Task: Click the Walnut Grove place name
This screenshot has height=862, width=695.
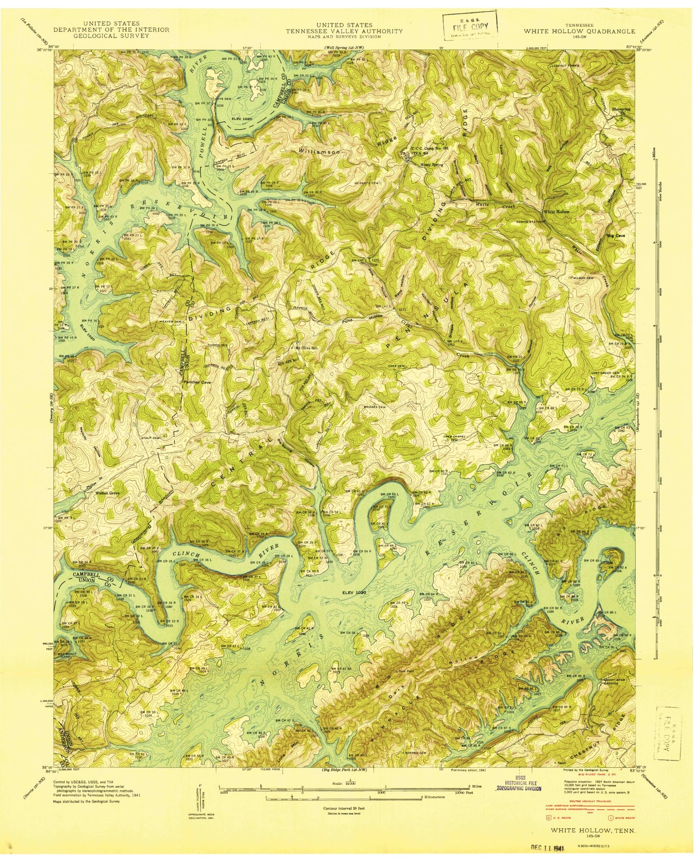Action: pyautogui.click(x=107, y=493)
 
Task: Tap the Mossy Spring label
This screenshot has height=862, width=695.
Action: pyautogui.click(x=431, y=164)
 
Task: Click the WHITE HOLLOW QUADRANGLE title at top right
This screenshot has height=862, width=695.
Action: pyautogui.click(x=579, y=31)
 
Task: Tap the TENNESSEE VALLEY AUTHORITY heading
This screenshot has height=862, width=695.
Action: pyautogui.click(x=344, y=31)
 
